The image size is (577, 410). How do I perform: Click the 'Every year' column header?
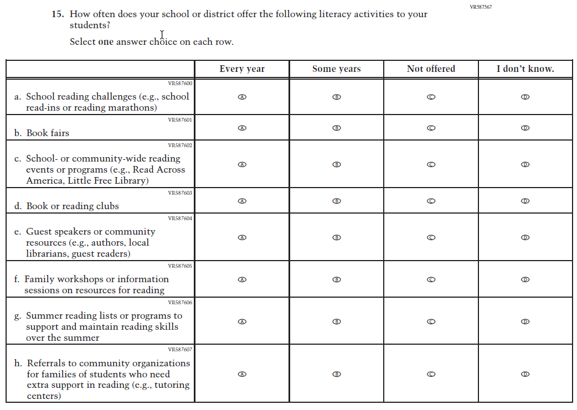(242, 69)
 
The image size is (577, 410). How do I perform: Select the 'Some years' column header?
(336, 69)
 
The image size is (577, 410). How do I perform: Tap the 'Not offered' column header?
(431, 69)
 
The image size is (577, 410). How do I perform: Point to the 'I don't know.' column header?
(525, 69)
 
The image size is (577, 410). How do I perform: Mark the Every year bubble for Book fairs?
(242, 128)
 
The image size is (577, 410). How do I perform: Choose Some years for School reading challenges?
(336, 97)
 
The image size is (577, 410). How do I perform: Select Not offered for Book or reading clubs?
(431, 201)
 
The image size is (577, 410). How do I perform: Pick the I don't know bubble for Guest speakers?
(526, 237)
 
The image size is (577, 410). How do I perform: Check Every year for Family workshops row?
(242, 279)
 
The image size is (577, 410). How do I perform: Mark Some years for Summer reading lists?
(336, 321)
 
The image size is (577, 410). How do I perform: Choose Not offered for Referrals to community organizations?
(431, 374)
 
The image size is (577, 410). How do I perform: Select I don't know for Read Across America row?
(526, 164)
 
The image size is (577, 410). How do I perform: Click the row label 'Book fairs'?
(48, 133)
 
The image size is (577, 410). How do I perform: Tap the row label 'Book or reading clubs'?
(73, 206)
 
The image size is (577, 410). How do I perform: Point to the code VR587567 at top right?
(480, 7)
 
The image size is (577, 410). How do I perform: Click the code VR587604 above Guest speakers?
(180, 219)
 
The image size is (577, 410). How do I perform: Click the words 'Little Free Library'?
(115, 181)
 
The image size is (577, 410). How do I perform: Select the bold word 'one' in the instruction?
(106, 42)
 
